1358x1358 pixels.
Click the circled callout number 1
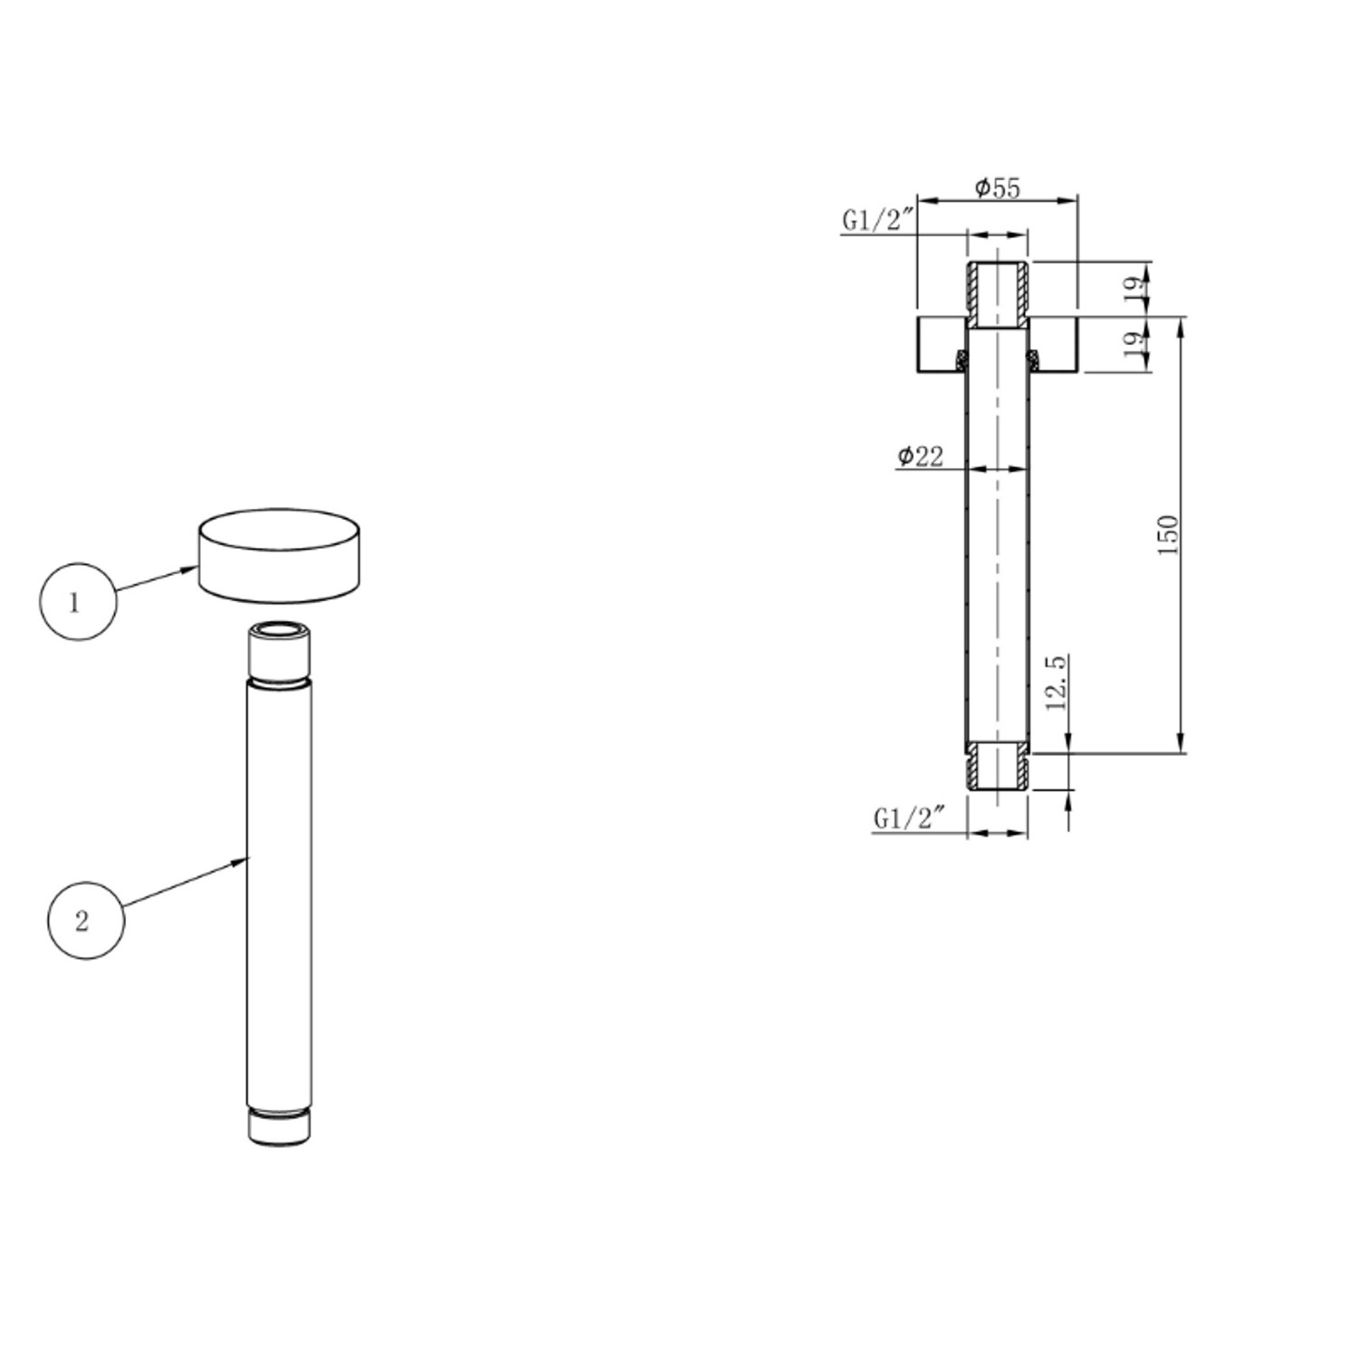[x=78, y=602]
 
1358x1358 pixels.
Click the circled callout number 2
[x=85, y=921]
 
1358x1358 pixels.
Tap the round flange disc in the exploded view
[x=280, y=555]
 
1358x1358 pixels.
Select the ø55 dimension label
[x=997, y=187]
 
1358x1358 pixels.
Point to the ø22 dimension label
[x=920, y=455]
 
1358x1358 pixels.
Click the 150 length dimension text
[x=1169, y=534]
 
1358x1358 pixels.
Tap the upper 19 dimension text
[x=1133, y=290]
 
